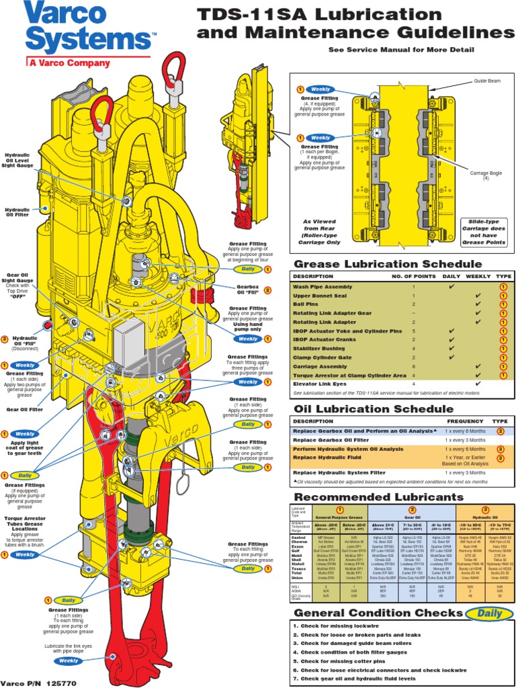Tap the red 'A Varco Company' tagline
click(69, 63)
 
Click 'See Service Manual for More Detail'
click(401, 50)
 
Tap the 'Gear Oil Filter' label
click(25, 408)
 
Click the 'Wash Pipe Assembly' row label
click(322, 287)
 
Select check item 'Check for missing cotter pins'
click(341, 661)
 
